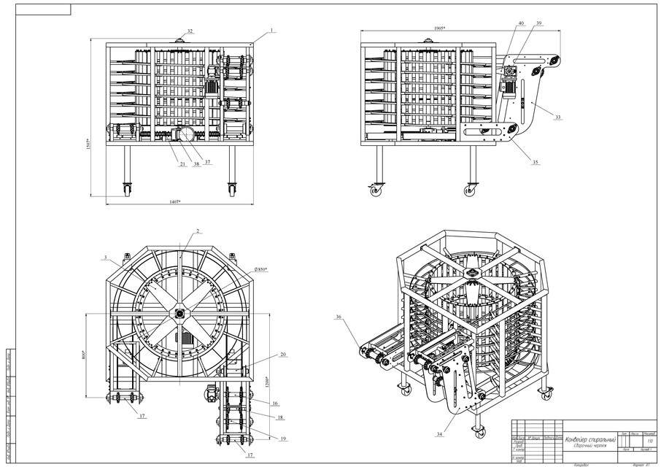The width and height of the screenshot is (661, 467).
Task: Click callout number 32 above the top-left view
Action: pyautogui.click(x=190, y=31)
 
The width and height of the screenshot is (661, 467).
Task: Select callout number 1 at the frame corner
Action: pyautogui.click(x=271, y=31)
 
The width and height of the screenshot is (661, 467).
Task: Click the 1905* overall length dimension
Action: pyautogui.click(x=438, y=28)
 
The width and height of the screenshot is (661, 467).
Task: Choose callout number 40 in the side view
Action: pyautogui.click(x=521, y=23)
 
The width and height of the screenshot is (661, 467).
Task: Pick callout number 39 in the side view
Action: pyautogui.click(x=538, y=23)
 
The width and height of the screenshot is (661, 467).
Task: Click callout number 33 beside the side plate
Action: pyautogui.click(x=558, y=117)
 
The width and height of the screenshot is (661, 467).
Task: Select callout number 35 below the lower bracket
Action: pyautogui.click(x=537, y=162)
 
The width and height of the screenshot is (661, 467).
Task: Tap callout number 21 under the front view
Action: pyautogui.click(x=181, y=164)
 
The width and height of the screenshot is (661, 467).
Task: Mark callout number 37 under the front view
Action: pyautogui.click(x=208, y=162)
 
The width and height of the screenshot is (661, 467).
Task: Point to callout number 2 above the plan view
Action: pyautogui.click(x=198, y=230)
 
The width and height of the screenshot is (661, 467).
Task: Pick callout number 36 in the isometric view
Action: pyautogui.click(x=339, y=317)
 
